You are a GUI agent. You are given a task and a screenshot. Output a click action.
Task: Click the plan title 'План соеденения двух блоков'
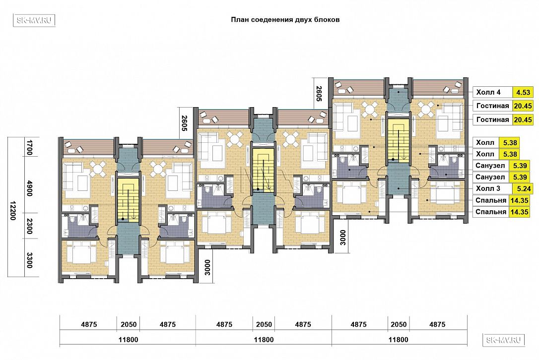click(x=285, y=19)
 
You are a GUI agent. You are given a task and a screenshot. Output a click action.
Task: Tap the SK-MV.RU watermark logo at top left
click(x=34, y=21)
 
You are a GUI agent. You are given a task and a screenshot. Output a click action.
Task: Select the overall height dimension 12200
click(x=13, y=211)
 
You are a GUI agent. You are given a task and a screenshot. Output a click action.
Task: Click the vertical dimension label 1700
click(x=30, y=147)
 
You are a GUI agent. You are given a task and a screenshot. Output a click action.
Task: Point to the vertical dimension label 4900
click(x=30, y=188)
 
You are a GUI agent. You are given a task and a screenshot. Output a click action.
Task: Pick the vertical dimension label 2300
click(x=30, y=226)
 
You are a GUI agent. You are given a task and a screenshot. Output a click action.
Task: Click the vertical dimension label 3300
click(x=30, y=260)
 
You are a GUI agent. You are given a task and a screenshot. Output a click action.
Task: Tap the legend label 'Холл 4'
click(x=488, y=92)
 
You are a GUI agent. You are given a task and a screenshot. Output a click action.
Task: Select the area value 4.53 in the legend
click(x=523, y=92)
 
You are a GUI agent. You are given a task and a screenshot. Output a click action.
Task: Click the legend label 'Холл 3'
click(x=488, y=188)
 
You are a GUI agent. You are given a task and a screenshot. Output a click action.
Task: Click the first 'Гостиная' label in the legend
click(x=492, y=106)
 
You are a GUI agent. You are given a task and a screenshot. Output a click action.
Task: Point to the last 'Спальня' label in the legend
click(x=491, y=212)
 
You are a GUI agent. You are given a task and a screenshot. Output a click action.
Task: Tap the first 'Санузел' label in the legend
click(x=490, y=166)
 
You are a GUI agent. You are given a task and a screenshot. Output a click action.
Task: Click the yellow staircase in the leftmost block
click(x=129, y=198)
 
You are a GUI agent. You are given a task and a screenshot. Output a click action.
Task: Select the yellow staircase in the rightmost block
click(x=399, y=140)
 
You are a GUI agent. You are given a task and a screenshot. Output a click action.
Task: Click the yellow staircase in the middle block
click(x=264, y=169)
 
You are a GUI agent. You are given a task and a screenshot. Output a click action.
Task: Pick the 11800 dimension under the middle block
click(x=264, y=340)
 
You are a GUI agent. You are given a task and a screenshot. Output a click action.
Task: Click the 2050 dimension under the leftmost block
click(x=129, y=324)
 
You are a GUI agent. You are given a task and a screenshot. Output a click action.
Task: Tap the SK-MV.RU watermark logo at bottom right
click(x=504, y=340)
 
